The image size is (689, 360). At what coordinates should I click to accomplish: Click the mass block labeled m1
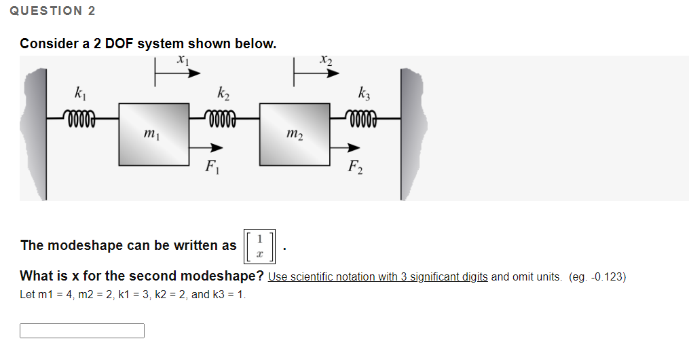click(154, 133)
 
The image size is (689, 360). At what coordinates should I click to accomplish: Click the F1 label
click(212, 166)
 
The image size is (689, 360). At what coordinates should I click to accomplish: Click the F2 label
click(354, 166)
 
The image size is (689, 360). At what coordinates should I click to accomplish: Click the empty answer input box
click(82, 331)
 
